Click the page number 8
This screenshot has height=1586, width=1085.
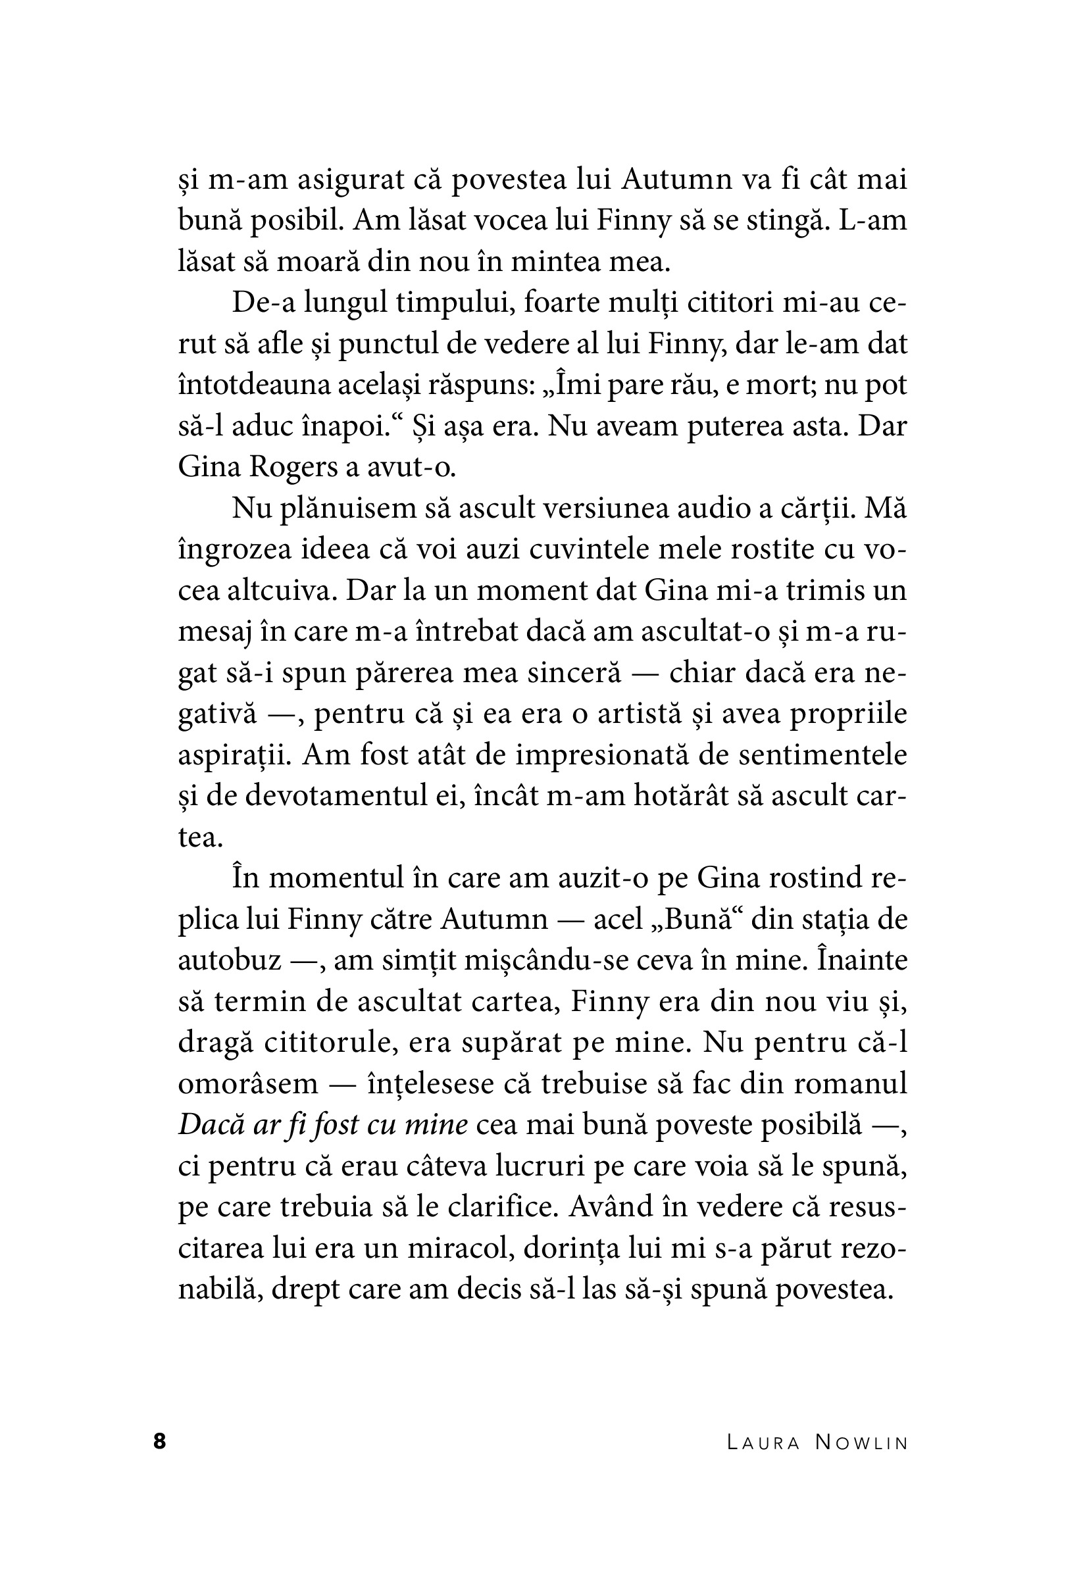tap(159, 1441)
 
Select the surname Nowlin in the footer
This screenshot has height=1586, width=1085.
tap(862, 1443)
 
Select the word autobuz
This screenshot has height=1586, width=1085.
tap(230, 960)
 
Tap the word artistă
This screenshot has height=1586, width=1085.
tap(628, 714)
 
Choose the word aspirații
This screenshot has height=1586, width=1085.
tap(235, 755)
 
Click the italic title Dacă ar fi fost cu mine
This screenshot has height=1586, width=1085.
tap(323, 1125)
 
